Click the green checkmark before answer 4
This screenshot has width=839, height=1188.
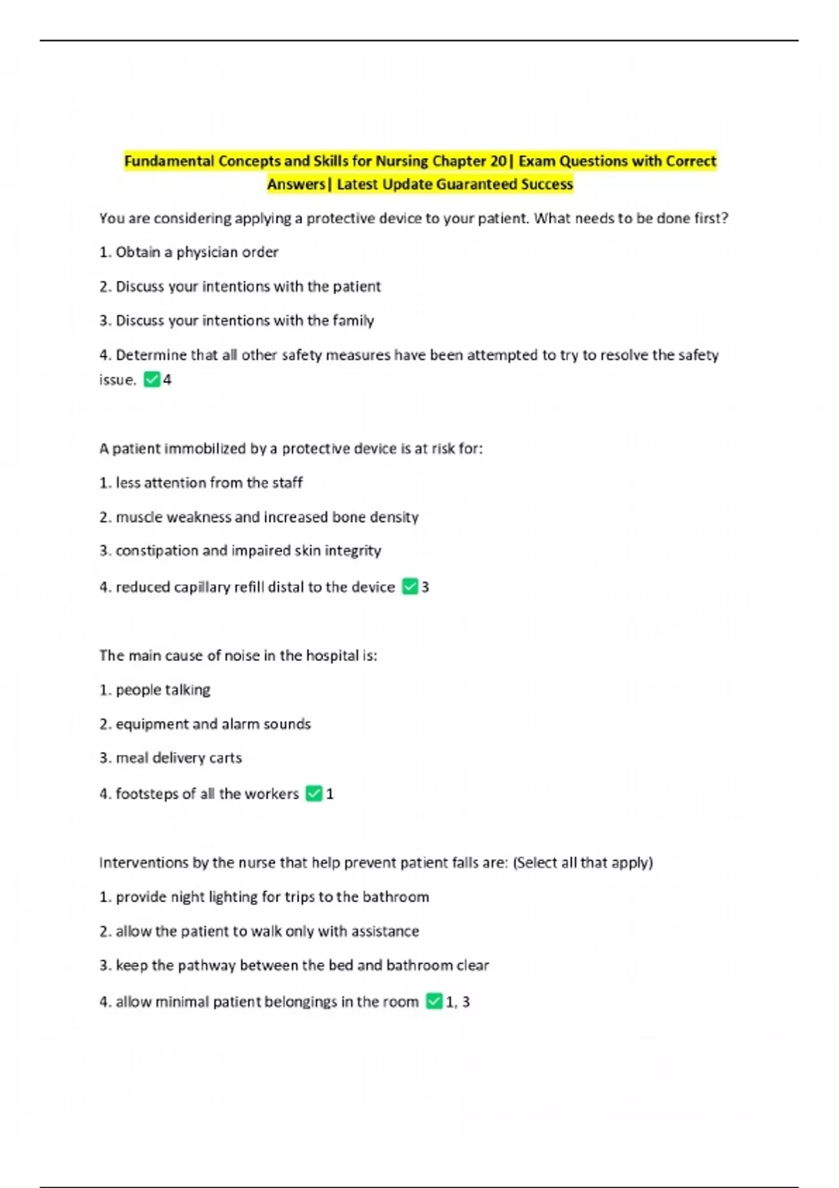click(152, 379)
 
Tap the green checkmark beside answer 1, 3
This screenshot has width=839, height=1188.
click(434, 1001)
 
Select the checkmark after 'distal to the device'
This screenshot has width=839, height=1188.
click(410, 587)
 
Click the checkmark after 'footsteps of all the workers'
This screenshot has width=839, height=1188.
click(314, 794)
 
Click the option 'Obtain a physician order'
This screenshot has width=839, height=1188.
click(196, 252)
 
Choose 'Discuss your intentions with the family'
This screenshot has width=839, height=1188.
click(245, 321)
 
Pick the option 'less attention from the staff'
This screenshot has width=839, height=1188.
click(209, 483)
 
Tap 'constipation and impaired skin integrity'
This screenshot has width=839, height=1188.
click(248, 551)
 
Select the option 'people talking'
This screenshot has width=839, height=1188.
click(163, 690)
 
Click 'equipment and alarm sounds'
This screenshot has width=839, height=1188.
click(213, 724)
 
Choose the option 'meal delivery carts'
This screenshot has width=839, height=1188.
click(179, 758)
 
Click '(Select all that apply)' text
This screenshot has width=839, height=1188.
click(583, 862)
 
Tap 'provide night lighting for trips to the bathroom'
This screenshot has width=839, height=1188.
click(272, 897)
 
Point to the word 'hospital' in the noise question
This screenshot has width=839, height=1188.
click(331, 655)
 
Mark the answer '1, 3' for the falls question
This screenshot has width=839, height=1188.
click(458, 1001)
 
